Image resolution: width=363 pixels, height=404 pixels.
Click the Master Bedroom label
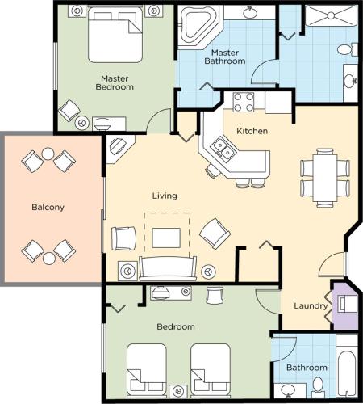pyautogui.click(x=114, y=82)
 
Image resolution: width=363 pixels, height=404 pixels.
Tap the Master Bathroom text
pyautogui.click(x=224, y=56)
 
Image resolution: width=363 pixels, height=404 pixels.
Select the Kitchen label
pyautogui.click(x=252, y=131)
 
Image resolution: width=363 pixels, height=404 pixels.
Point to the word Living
pyautogui.click(x=165, y=196)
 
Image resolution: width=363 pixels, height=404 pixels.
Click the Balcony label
pyautogui.click(x=48, y=207)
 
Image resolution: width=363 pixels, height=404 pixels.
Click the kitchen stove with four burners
pyautogui.click(x=244, y=102)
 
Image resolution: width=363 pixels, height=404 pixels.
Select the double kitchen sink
pyautogui.click(x=221, y=149)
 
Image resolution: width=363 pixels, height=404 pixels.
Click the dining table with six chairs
pyautogui.click(x=325, y=175)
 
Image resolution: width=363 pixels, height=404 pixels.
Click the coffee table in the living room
pyautogui.click(x=167, y=236)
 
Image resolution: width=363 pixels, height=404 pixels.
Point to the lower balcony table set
pyautogui.click(x=48, y=251)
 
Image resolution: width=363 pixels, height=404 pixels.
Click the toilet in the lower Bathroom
pyautogui.click(x=318, y=383)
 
